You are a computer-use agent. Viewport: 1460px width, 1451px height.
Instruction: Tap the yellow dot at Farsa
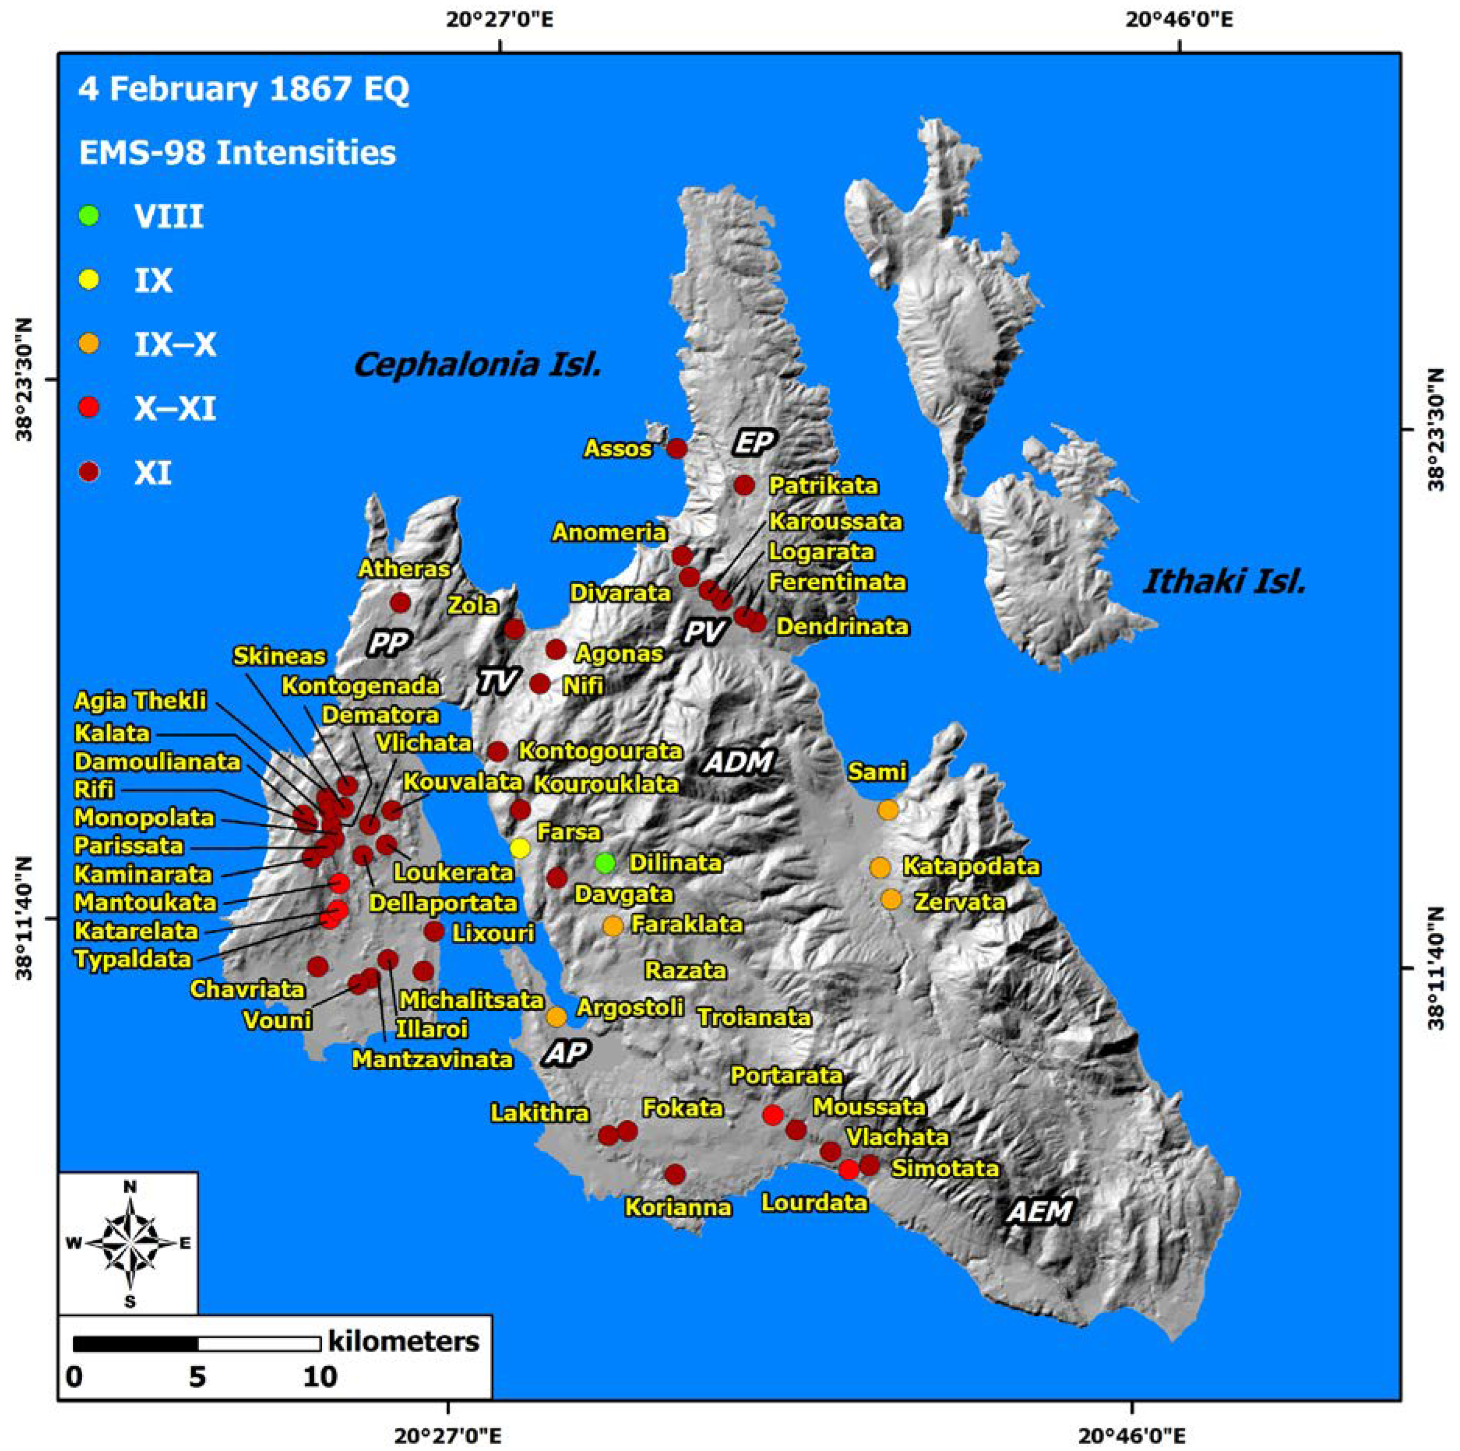click(x=520, y=848)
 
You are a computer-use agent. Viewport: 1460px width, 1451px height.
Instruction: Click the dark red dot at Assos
click(x=677, y=448)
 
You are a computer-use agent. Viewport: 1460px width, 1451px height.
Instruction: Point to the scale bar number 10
click(x=320, y=1376)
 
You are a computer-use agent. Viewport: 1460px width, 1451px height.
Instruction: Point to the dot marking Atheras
click(x=401, y=603)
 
